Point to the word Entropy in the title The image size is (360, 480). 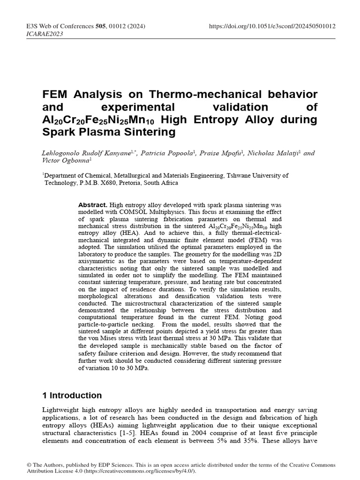[x=233, y=120]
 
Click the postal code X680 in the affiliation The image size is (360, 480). [x=115, y=183]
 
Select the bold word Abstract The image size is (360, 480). [x=92, y=205]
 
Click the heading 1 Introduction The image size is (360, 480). [x=72, y=395]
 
